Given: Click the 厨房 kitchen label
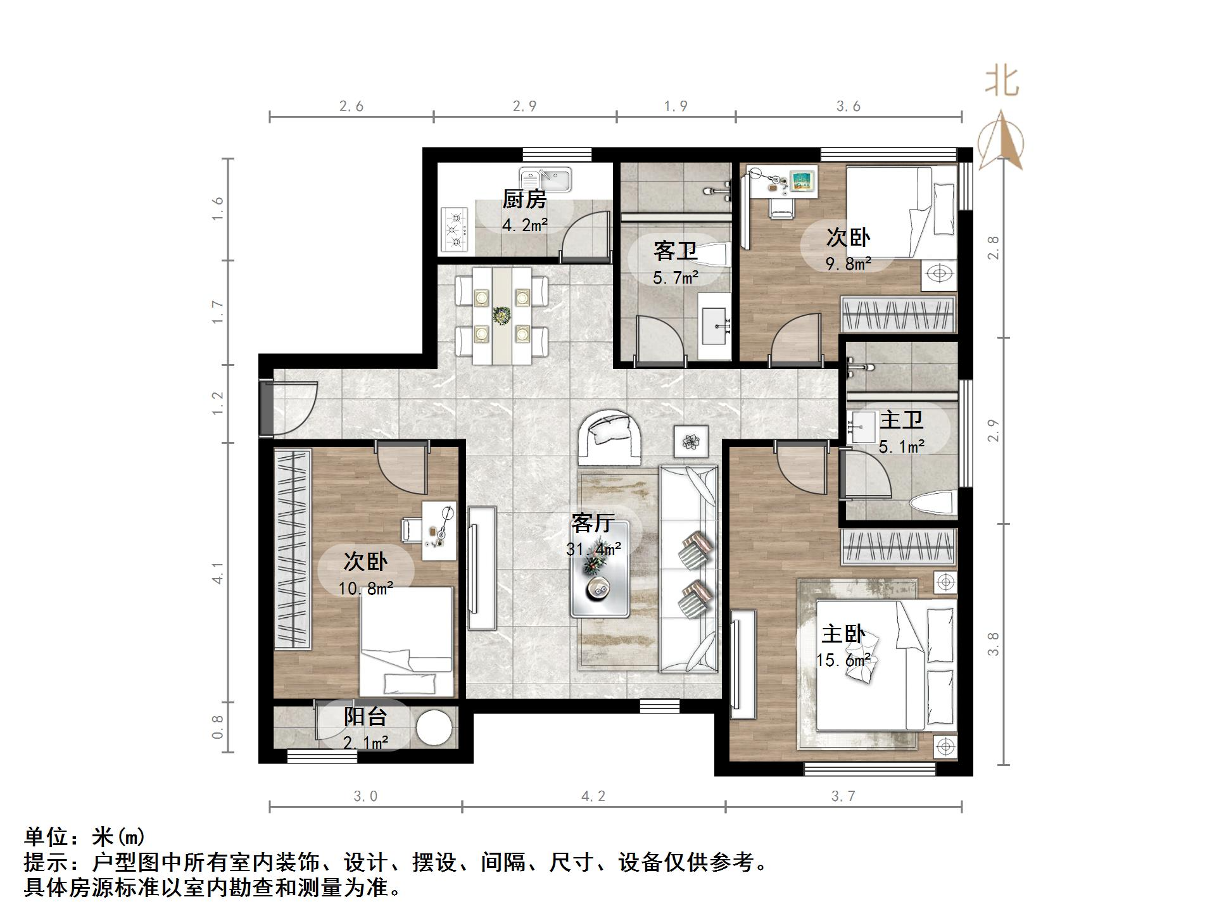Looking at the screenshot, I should [524, 199].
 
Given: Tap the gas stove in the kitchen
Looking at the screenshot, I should [455, 231].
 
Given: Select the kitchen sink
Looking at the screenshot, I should [545, 179].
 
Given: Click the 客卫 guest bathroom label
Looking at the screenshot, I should [675, 251].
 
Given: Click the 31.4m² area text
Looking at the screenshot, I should [593, 549].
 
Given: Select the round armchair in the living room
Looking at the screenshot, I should [610, 437].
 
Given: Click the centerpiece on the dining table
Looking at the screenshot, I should [502, 315].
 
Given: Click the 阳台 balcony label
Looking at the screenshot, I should [365, 717].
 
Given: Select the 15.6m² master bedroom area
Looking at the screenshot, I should [843, 660].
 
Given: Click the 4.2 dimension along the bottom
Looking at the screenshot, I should [593, 796].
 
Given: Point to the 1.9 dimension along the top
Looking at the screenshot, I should [676, 106].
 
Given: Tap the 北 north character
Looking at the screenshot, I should [1001, 82].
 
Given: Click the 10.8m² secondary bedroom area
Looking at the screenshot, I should [365, 589].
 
